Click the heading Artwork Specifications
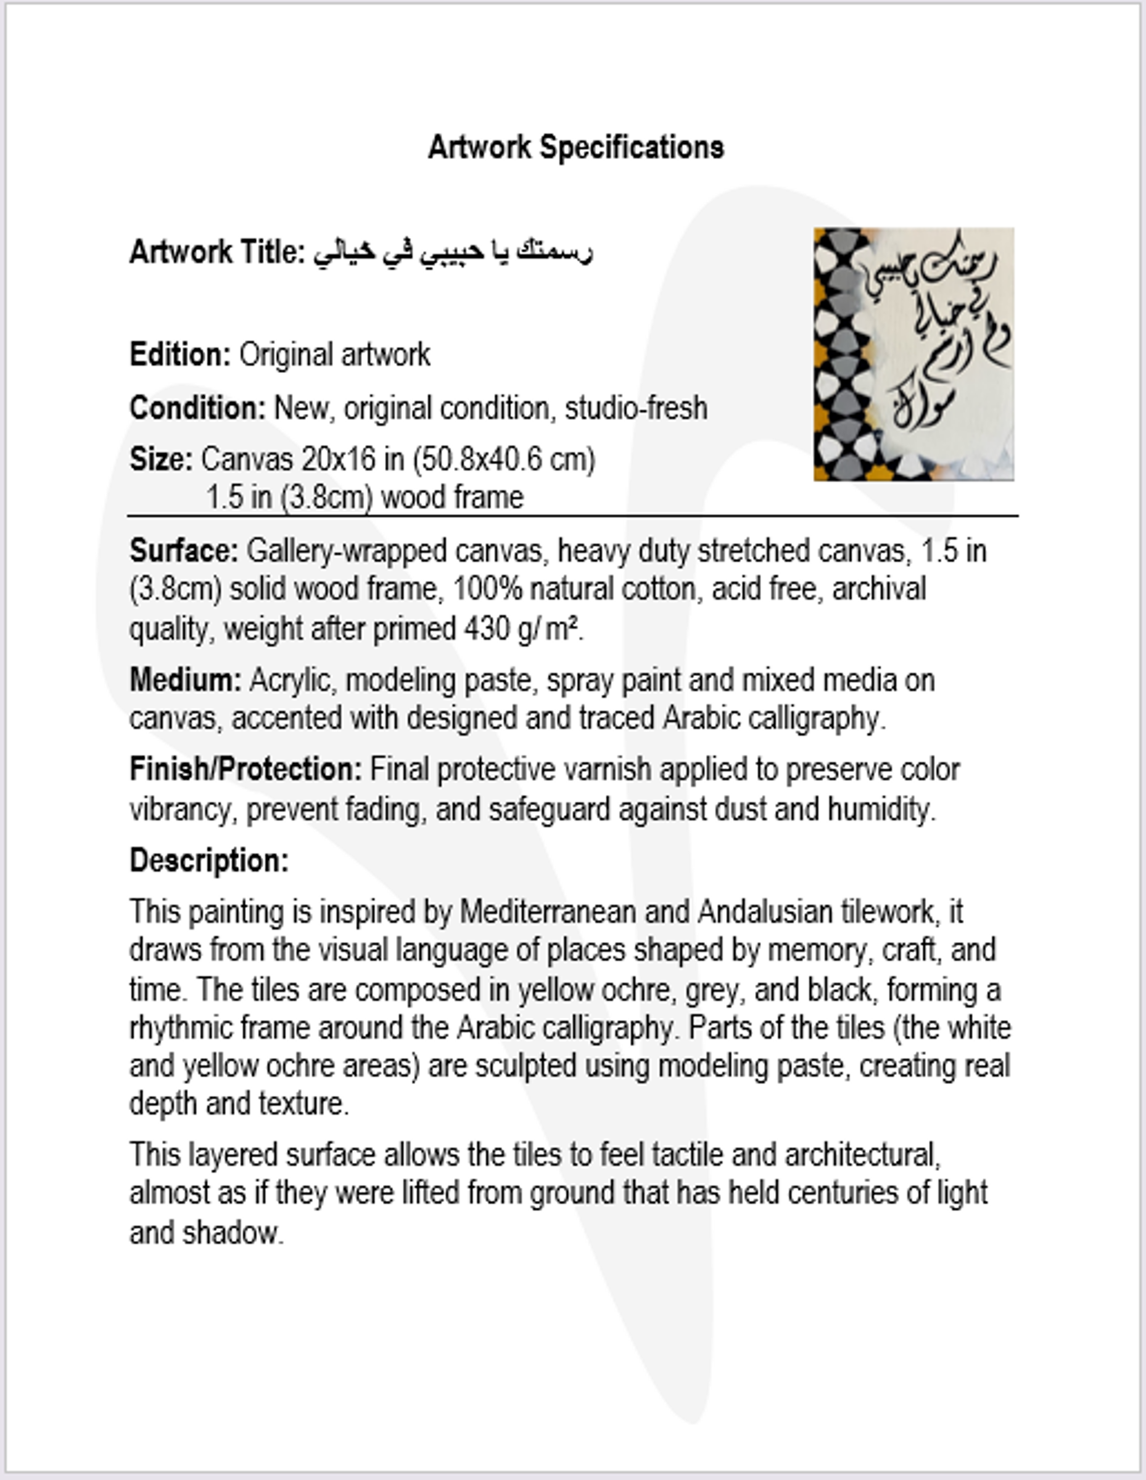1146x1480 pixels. click(576, 147)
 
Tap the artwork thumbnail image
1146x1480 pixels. click(913, 355)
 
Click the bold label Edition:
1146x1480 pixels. click(180, 355)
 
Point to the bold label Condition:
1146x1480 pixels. click(197, 408)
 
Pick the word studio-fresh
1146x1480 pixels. click(636, 408)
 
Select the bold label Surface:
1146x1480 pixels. click(184, 551)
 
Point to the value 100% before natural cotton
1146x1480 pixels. click(487, 589)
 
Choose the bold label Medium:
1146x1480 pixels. click(185, 680)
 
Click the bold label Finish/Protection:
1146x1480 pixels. click(246, 769)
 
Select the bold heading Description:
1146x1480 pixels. click(208, 861)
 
